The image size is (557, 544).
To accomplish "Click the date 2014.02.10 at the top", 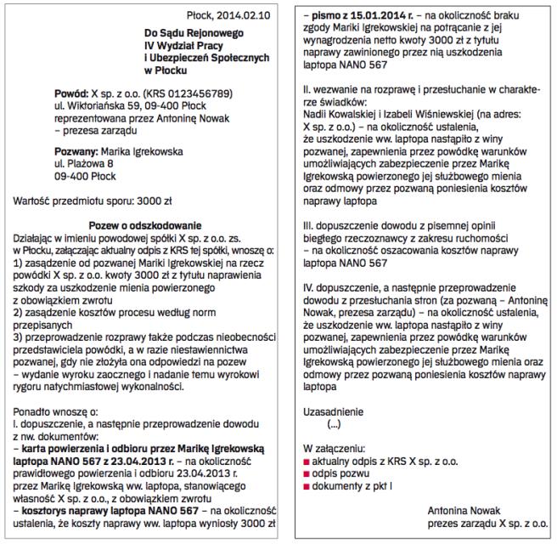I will tap(245, 14).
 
